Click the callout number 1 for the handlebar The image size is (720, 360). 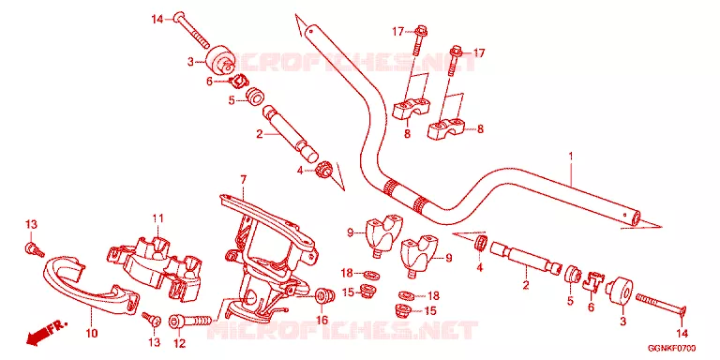571,157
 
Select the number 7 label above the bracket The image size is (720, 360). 244,180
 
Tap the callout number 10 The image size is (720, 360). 92,333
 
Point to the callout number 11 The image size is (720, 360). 158,218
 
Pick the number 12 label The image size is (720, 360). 179,343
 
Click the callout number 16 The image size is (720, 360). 322,320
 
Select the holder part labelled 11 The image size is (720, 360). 157,266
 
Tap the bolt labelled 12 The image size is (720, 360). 193,321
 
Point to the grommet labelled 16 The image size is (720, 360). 323,295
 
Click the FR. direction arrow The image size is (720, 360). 45,333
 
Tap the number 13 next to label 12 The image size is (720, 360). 154,342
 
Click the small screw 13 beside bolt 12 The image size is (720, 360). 153,320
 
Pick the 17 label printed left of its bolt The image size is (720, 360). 397,32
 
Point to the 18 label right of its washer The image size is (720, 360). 433,295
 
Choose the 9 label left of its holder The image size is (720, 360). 351,233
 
